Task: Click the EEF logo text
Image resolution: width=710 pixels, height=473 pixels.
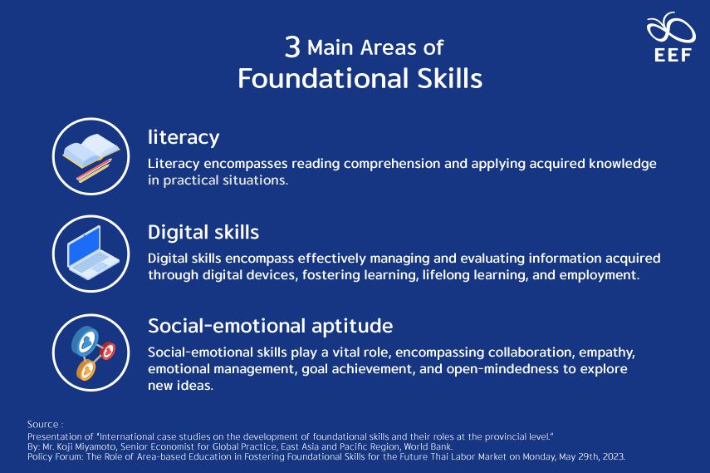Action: click(671, 55)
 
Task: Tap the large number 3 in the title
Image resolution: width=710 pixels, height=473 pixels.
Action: click(292, 47)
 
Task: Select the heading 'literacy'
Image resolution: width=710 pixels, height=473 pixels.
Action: click(184, 136)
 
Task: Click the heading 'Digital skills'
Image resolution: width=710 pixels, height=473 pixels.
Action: click(203, 231)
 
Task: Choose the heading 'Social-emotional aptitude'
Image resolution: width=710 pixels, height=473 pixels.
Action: click(270, 325)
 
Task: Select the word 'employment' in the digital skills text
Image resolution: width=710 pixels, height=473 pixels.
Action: click(595, 273)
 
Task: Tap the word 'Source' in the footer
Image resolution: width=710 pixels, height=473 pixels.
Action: click(42, 425)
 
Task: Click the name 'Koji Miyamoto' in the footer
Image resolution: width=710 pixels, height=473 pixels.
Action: click(82, 446)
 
